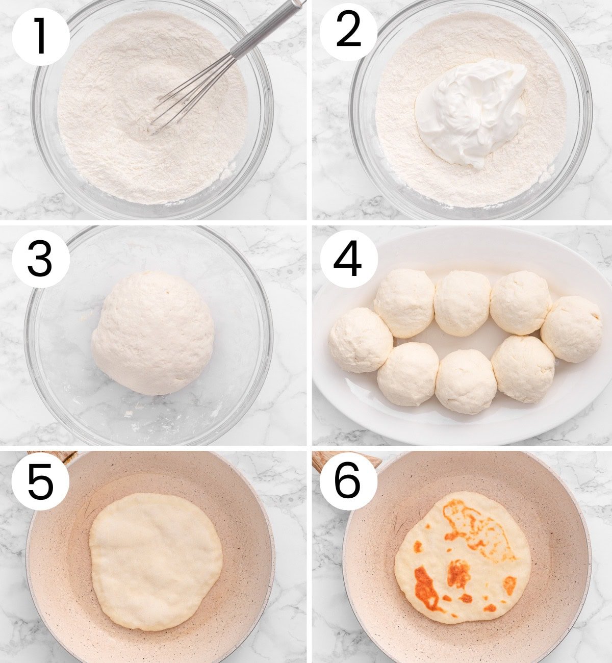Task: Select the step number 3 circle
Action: [40, 259]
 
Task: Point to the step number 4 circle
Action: [348, 259]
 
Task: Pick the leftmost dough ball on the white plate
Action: [360, 340]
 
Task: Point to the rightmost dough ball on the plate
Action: [571, 329]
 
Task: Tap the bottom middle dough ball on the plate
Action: [466, 381]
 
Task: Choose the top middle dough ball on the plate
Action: [462, 303]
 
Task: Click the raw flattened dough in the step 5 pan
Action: [156, 561]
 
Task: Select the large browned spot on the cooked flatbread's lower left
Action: [426, 589]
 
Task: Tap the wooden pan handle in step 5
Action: [56, 455]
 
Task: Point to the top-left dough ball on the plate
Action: [404, 303]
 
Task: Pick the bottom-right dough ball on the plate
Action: [523, 368]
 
